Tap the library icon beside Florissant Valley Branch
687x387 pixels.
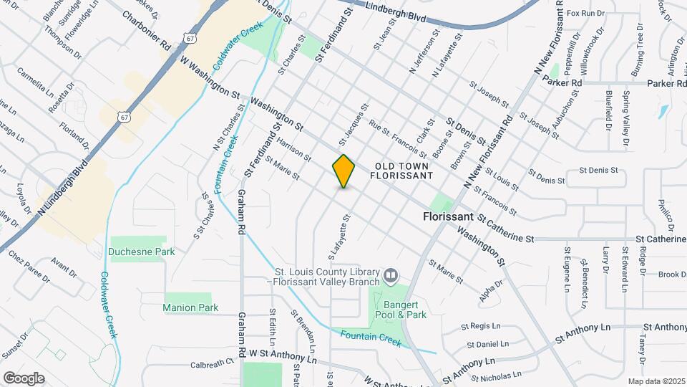pos(391,275)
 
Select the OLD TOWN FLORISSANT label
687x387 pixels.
pos(402,170)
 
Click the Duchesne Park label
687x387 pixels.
pos(142,252)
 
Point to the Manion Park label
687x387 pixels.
pos(190,307)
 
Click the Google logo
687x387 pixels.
pos(24,378)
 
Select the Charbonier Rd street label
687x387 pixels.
pos(146,29)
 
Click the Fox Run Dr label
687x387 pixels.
pos(585,13)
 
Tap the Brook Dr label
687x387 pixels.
pos(672,274)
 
